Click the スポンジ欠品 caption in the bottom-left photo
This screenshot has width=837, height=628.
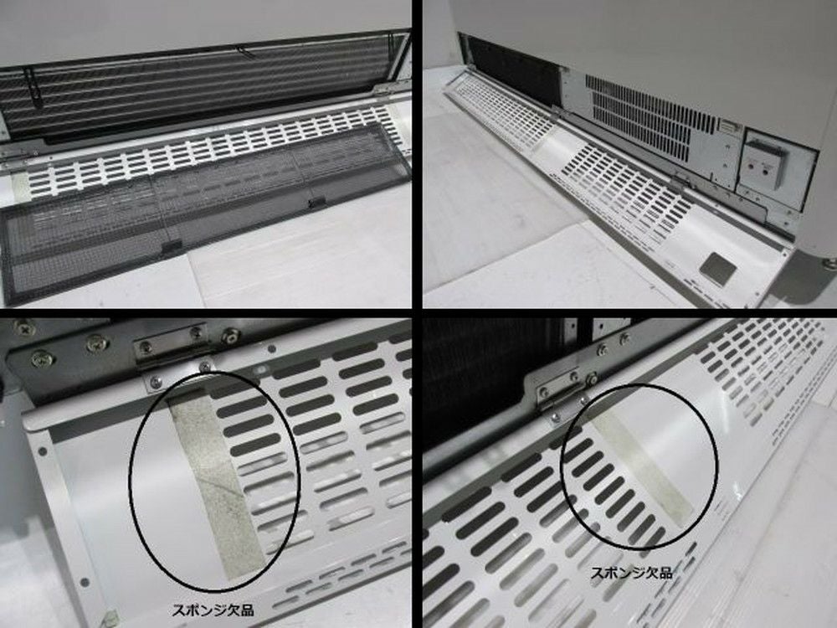[x=213, y=610]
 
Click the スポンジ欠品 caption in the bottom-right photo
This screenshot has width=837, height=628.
[x=631, y=573]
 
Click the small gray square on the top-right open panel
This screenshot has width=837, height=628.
[x=718, y=266]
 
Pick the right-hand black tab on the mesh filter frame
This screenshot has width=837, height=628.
[x=317, y=203]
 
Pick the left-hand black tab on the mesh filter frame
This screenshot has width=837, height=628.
[x=172, y=246]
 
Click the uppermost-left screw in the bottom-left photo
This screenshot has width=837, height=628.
[x=23, y=327]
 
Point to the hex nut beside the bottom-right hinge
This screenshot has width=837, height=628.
[x=592, y=380]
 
